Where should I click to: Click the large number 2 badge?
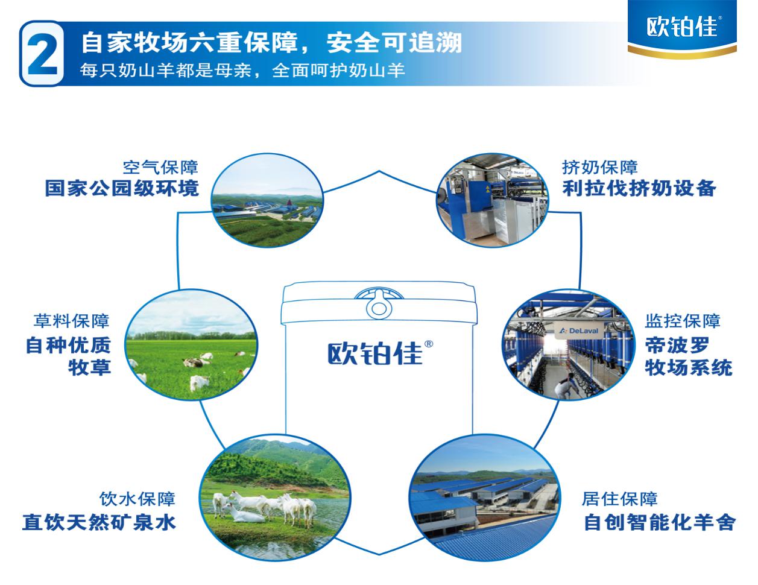click(42, 53)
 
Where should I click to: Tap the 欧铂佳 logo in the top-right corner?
click(682, 27)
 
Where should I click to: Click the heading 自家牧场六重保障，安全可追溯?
click(271, 43)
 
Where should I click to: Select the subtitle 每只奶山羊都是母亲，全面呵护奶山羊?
click(242, 71)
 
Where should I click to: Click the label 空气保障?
click(160, 168)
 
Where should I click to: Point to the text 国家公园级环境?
click(122, 189)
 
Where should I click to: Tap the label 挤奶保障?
click(599, 168)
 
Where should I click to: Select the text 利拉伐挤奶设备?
click(639, 189)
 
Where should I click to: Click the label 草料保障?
click(72, 321)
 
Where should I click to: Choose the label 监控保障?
click(683, 321)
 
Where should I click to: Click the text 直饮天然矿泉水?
click(99, 522)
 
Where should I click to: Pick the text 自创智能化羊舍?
click(660, 522)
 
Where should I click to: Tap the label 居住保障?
click(619, 499)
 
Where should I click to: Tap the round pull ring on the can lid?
click(379, 306)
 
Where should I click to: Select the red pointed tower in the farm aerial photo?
click(289, 203)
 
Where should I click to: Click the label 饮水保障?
click(137, 499)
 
